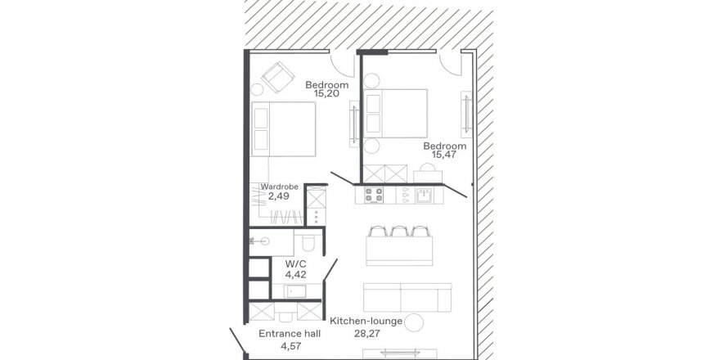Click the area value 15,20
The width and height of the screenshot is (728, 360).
click(x=326, y=93)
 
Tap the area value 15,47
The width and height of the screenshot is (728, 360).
click(x=443, y=155)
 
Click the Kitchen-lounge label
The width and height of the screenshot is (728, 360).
click(x=366, y=321)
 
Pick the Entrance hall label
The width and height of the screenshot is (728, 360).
click(x=290, y=334)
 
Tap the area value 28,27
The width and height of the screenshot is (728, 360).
click(x=366, y=333)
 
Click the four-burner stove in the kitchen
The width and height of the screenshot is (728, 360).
click(x=373, y=195)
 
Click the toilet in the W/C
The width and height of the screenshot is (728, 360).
click(x=308, y=242)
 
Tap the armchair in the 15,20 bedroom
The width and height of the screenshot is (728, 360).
click(x=277, y=77)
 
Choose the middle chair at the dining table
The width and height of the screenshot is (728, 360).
click(x=399, y=231)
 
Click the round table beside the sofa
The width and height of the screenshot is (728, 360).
click(x=414, y=322)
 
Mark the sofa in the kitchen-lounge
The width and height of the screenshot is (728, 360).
click(x=407, y=298)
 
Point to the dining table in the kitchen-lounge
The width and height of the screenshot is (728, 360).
click(x=399, y=251)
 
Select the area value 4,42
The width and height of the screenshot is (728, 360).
click(x=296, y=275)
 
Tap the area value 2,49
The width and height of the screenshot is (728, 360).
click(x=279, y=196)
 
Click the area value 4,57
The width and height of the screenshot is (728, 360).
click(x=290, y=345)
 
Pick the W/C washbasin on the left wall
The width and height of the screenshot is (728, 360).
click(x=260, y=241)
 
